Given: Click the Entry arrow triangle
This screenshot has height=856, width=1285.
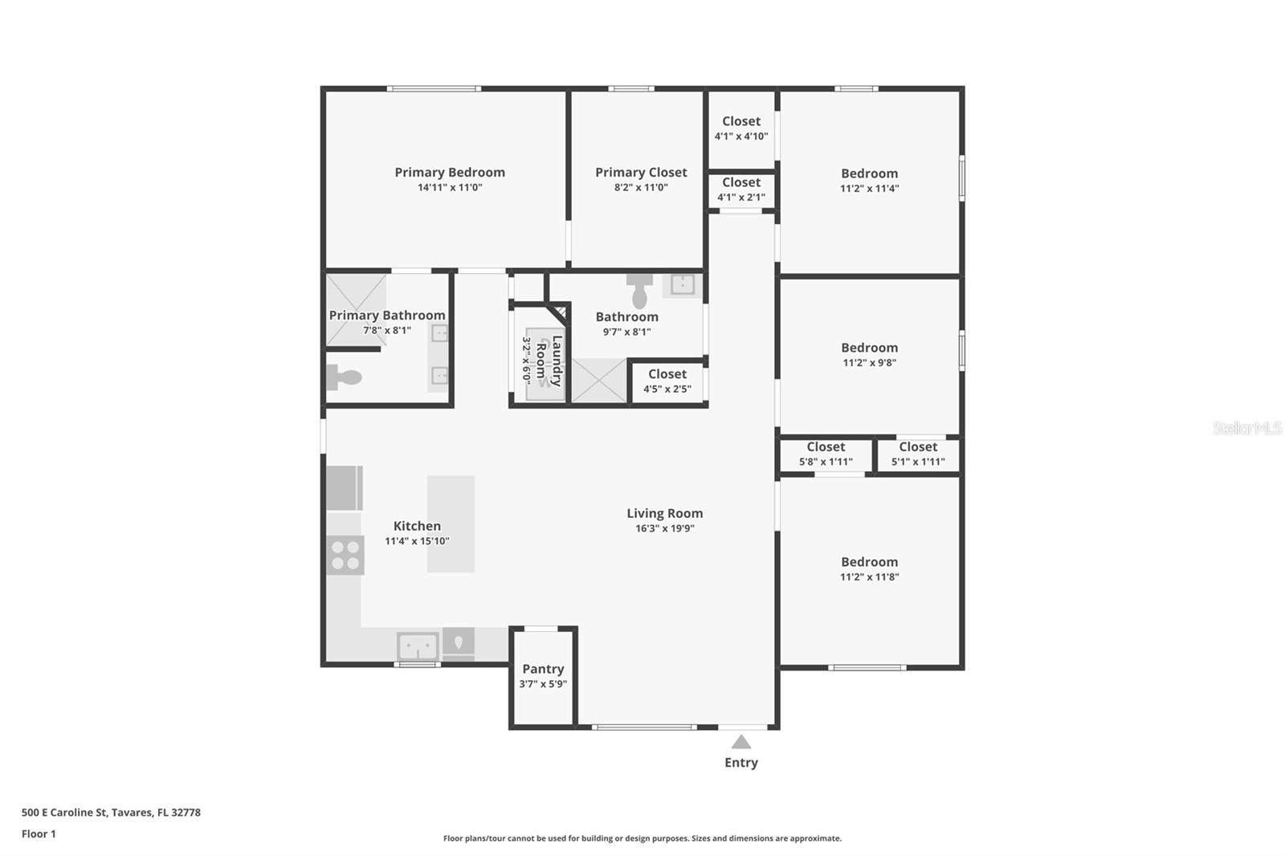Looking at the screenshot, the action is click(741, 742).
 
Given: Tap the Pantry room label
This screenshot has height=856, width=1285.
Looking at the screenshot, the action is click(543, 669).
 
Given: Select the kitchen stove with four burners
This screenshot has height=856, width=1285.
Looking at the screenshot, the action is click(345, 555).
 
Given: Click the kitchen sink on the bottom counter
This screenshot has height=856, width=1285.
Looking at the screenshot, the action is click(418, 646).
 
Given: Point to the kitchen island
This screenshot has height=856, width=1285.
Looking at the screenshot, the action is click(451, 524).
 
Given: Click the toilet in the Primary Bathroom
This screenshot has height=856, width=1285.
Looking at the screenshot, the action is click(344, 377).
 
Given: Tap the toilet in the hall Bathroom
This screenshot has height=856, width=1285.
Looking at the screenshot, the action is click(639, 291).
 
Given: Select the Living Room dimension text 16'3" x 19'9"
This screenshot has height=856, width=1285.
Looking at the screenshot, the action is click(665, 528).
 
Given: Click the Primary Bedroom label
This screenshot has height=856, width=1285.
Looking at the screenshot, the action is click(450, 172).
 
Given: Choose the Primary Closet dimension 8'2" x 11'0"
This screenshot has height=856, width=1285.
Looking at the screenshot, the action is click(641, 188).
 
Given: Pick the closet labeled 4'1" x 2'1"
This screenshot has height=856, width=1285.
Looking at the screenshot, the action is click(741, 189).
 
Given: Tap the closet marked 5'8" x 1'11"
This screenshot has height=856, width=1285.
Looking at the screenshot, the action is click(826, 454).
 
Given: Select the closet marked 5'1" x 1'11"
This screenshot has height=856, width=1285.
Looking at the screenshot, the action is click(918, 454).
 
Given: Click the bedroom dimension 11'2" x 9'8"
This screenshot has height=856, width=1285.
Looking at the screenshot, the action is click(869, 363).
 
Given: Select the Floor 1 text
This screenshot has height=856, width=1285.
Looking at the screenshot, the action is click(39, 834).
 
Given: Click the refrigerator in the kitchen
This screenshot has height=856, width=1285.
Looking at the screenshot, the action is click(345, 487).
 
